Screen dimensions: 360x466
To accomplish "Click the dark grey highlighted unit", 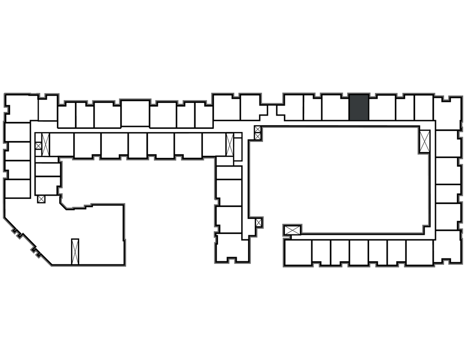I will click(359, 107).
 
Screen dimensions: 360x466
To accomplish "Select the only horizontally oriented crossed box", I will click(292, 230).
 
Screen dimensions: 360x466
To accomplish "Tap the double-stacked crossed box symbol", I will click(258, 132).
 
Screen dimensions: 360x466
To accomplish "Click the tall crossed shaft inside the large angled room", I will click(75, 251).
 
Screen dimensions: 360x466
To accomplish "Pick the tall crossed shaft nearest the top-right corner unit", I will click(425, 141).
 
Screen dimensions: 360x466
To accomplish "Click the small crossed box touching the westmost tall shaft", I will click(38, 146).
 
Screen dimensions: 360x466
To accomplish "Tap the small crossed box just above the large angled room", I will click(41, 198).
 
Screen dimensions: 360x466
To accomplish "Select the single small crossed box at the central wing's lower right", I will click(258, 223).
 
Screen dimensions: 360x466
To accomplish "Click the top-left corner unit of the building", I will click(21, 108).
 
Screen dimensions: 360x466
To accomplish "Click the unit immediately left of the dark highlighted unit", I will click(335, 108).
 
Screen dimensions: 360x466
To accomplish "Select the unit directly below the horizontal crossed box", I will click(298, 253).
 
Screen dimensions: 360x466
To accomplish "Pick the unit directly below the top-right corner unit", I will click(447, 143).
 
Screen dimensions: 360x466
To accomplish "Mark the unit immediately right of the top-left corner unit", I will click(47, 108).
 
